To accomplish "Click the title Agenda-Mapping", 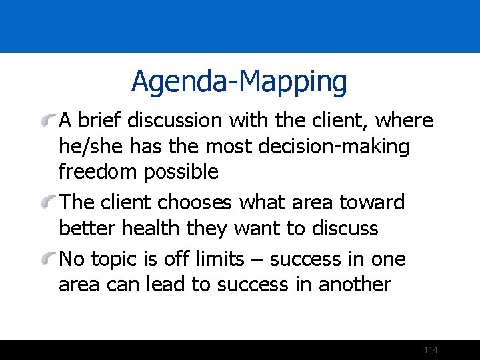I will [239, 82].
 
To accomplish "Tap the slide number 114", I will [431, 351].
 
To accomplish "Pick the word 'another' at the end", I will [354, 284].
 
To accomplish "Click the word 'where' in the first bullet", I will [404, 121].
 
